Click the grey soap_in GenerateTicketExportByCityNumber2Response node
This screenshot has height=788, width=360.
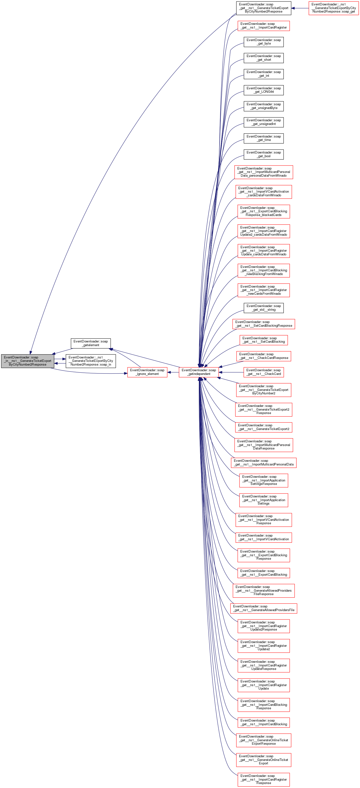point(28,361)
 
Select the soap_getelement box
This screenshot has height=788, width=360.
point(90,343)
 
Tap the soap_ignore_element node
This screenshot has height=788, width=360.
point(147,372)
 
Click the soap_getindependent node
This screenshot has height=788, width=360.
point(199,372)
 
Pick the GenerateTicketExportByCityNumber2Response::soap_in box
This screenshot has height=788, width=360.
point(91,361)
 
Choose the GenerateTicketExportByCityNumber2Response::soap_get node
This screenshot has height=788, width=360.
point(334,8)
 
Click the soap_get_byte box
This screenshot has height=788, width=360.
point(264,42)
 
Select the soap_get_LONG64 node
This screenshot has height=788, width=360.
point(264,90)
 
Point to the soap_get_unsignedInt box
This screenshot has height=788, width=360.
point(264,122)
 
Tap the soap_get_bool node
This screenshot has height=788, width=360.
point(264,154)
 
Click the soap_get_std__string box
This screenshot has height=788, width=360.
point(264,308)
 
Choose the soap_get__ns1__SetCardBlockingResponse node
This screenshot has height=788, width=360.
point(264,324)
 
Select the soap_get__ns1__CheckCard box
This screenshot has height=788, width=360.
point(264,372)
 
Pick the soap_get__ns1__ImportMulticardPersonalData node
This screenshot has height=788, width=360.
point(264,463)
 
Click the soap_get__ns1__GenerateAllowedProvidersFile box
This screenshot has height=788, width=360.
point(264,608)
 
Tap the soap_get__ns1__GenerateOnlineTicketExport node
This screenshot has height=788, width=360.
point(264,760)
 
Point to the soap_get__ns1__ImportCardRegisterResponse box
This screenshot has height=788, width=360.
point(264,779)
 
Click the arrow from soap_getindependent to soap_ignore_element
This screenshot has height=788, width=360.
point(173,372)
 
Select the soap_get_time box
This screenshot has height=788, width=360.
point(264,138)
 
